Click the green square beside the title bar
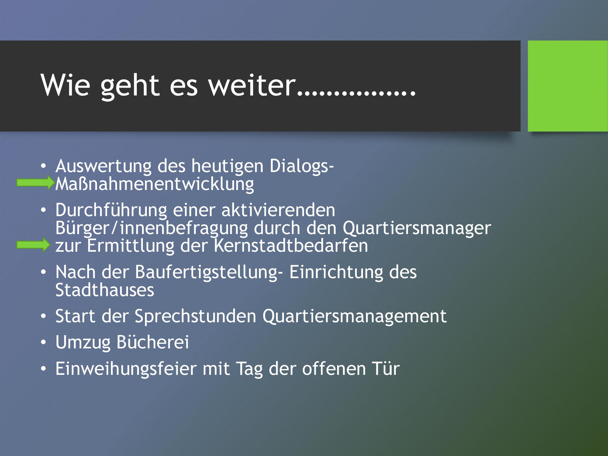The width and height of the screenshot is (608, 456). (x=568, y=86)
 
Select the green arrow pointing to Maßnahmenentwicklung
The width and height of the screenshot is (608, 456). (x=35, y=183)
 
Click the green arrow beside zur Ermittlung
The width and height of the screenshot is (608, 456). (x=33, y=245)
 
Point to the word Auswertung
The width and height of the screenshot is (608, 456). (x=103, y=167)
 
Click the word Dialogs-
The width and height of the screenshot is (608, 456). (x=302, y=167)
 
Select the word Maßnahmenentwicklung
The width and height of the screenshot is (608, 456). (x=155, y=184)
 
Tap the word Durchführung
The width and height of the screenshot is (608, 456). (x=111, y=210)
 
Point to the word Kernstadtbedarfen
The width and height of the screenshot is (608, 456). (x=291, y=246)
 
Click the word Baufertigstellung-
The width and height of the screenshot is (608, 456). (x=209, y=272)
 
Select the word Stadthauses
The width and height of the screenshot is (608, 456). (x=105, y=290)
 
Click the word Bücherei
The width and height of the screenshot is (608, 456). (x=153, y=342)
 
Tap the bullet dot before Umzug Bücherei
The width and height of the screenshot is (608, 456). (x=43, y=343)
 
